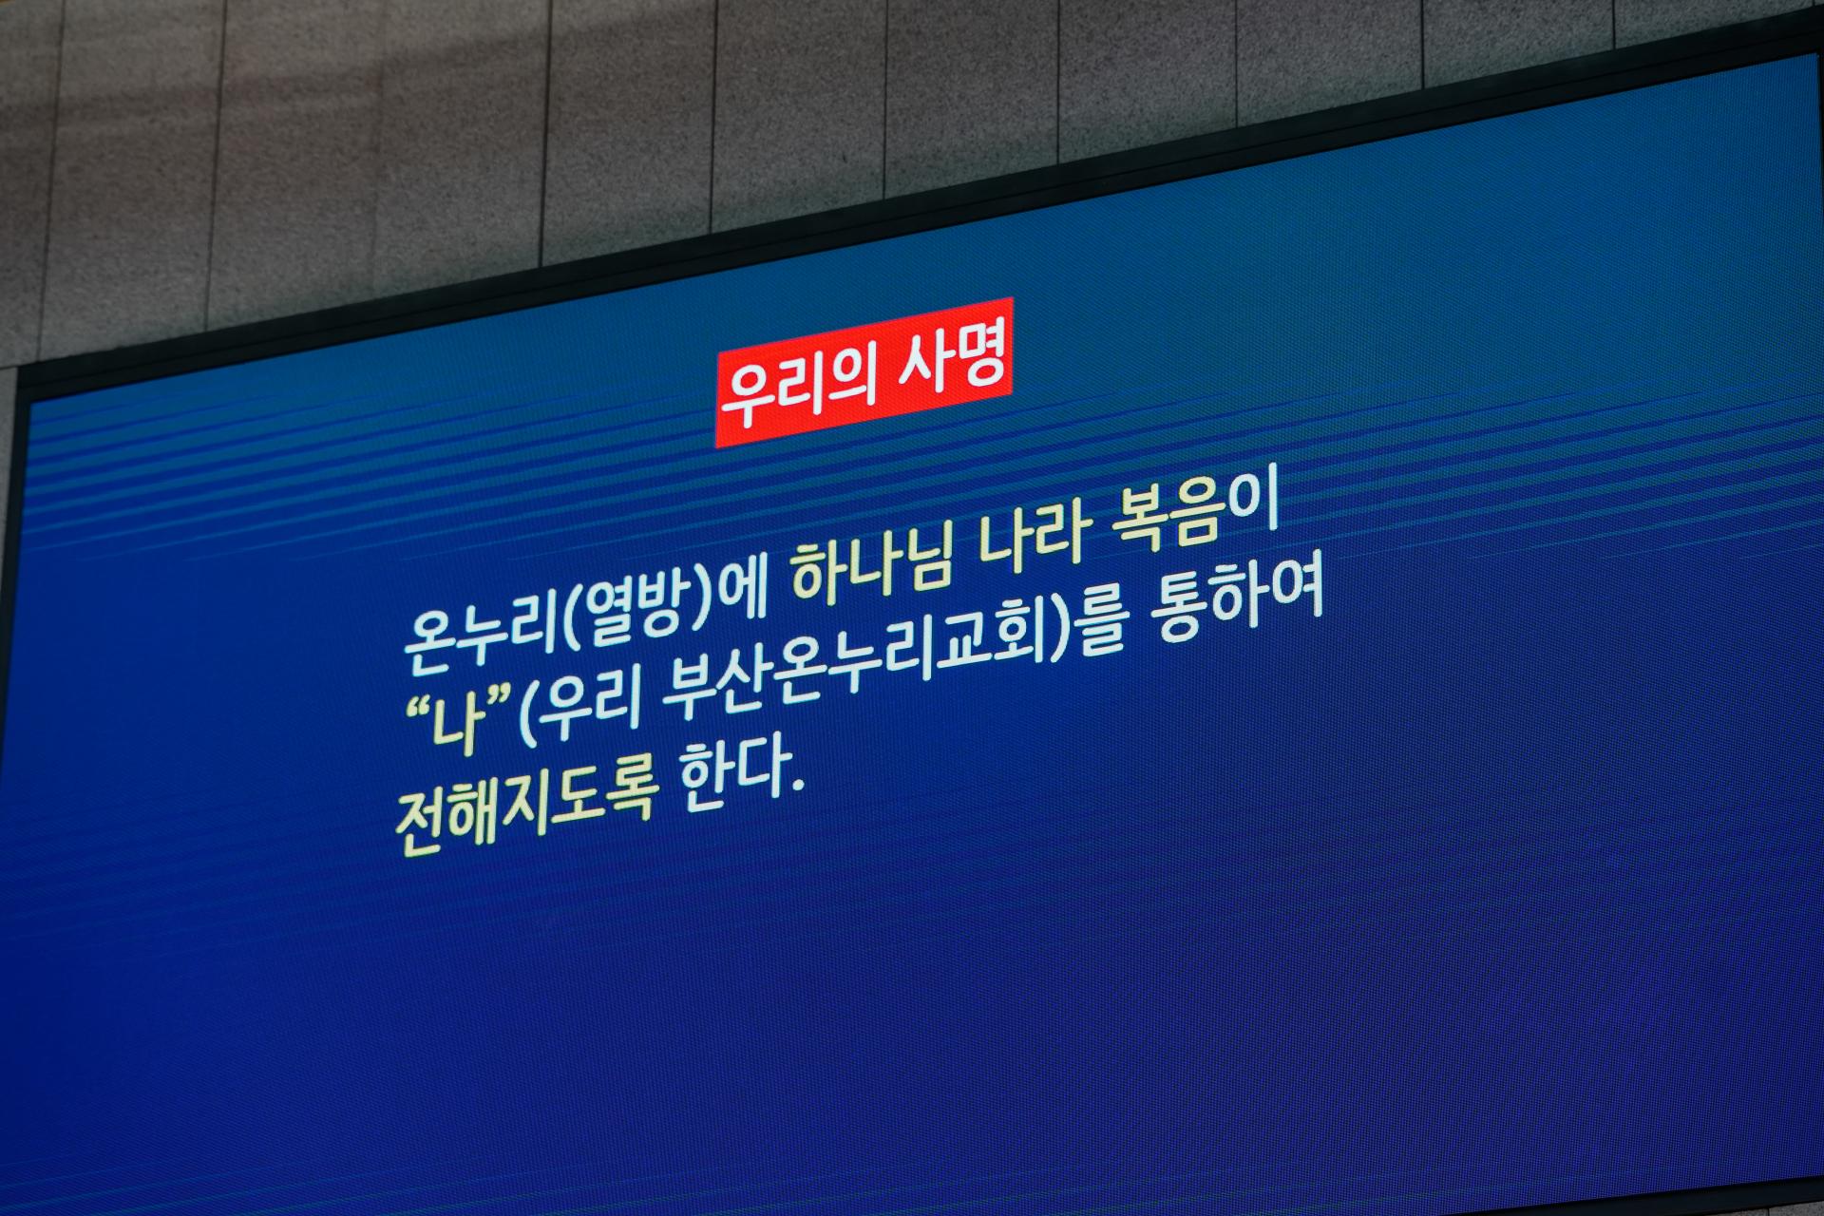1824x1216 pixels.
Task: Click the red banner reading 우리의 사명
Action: pos(864,371)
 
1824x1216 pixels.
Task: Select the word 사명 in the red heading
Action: pos(953,357)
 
